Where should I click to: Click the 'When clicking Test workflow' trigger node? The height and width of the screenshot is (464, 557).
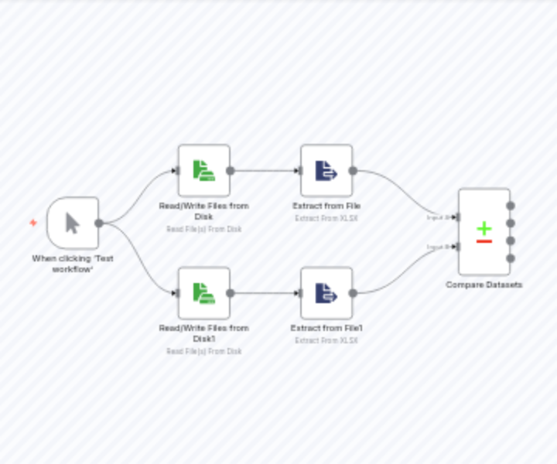coord(73,223)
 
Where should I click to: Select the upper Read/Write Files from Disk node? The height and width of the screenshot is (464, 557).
coord(203,171)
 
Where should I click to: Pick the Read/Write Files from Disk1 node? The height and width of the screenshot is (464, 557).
coord(203,293)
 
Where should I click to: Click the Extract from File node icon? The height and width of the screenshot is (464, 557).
coord(326,171)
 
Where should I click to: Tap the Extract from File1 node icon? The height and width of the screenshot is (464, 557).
coord(326,293)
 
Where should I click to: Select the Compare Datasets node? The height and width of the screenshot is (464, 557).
coord(484,232)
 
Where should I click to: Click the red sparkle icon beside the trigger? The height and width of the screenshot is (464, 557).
coord(33,223)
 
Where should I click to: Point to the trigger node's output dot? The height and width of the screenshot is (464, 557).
coord(99,223)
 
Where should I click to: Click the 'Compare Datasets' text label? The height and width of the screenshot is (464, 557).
coord(484,285)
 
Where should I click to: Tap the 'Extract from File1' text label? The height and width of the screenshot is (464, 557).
coord(326,328)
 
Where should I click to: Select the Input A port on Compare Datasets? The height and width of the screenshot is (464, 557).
coord(458,217)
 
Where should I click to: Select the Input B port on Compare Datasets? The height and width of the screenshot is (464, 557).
coord(458,247)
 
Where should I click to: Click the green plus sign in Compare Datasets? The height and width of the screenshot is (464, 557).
coord(484,228)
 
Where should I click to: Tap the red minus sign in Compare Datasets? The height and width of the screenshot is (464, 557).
coord(484,241)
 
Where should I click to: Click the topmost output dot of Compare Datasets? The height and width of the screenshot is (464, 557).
coord(510,206)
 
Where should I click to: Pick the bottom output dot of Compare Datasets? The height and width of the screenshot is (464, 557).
coord(510,258)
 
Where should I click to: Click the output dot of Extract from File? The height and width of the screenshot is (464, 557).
coord(353,171)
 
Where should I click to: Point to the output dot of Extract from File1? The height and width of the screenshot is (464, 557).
coord(353,293)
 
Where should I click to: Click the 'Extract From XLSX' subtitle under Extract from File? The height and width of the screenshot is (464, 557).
coord(326,218)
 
